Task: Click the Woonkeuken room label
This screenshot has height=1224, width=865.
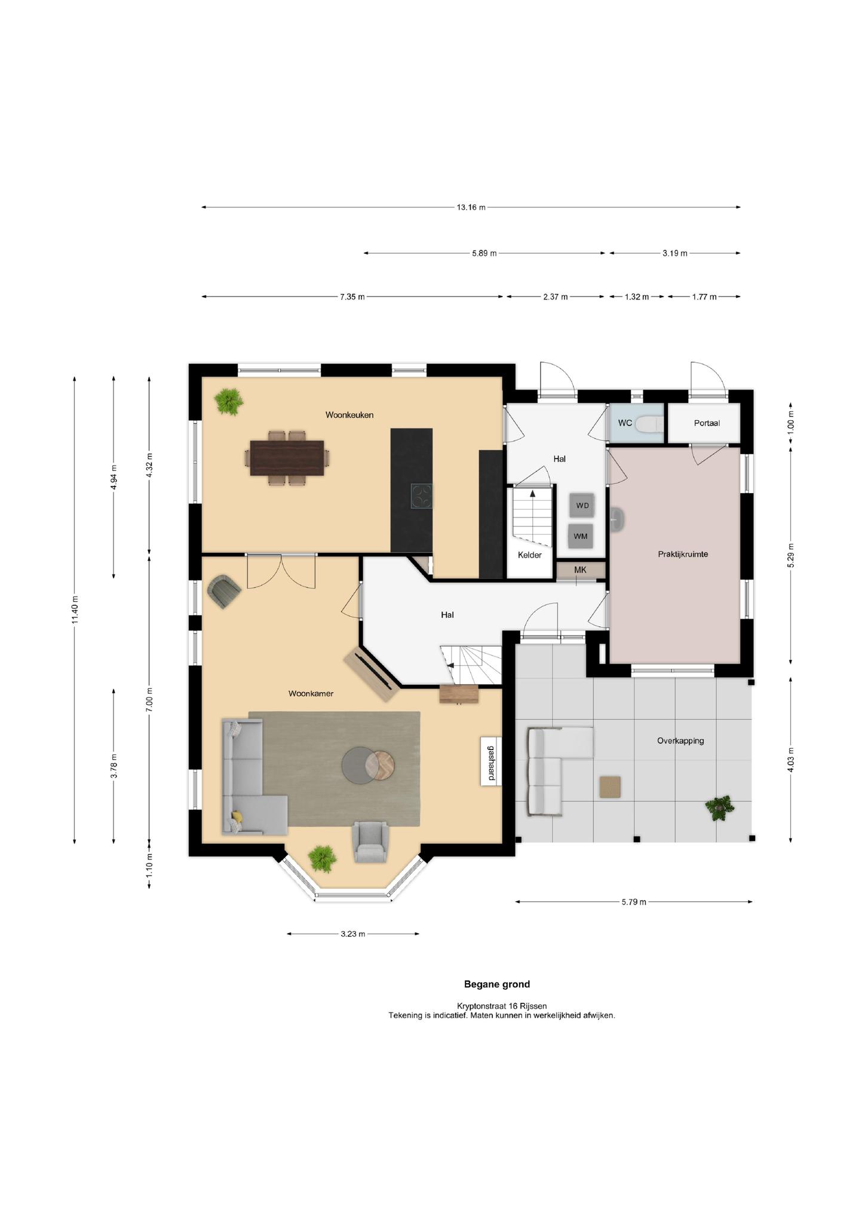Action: point(349,415)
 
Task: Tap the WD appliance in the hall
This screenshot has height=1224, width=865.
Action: point(582,506)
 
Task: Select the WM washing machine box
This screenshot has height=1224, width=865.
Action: point(581,536)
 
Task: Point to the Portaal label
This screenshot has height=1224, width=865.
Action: point(707,423)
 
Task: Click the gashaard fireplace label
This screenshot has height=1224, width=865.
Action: point(491,763)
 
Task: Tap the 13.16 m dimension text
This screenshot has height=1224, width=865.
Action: point(471,207)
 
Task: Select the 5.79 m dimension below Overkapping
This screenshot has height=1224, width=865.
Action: point(634,902)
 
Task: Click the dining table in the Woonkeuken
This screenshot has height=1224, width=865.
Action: point(287,458)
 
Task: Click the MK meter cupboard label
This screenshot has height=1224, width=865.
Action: point(580,570)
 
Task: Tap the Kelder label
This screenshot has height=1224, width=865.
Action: point(530,555)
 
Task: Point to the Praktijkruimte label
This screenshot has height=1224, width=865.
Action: point(683,554)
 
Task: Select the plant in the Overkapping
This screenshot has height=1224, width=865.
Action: point(720,808)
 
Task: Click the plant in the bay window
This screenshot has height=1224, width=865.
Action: point(323,859)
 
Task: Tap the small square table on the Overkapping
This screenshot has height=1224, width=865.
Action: point(610,787)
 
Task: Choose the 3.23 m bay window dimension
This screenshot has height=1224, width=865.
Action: point(353,934)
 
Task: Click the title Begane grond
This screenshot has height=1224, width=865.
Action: point(497,984)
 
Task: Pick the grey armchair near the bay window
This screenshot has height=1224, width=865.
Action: point(371,841)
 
